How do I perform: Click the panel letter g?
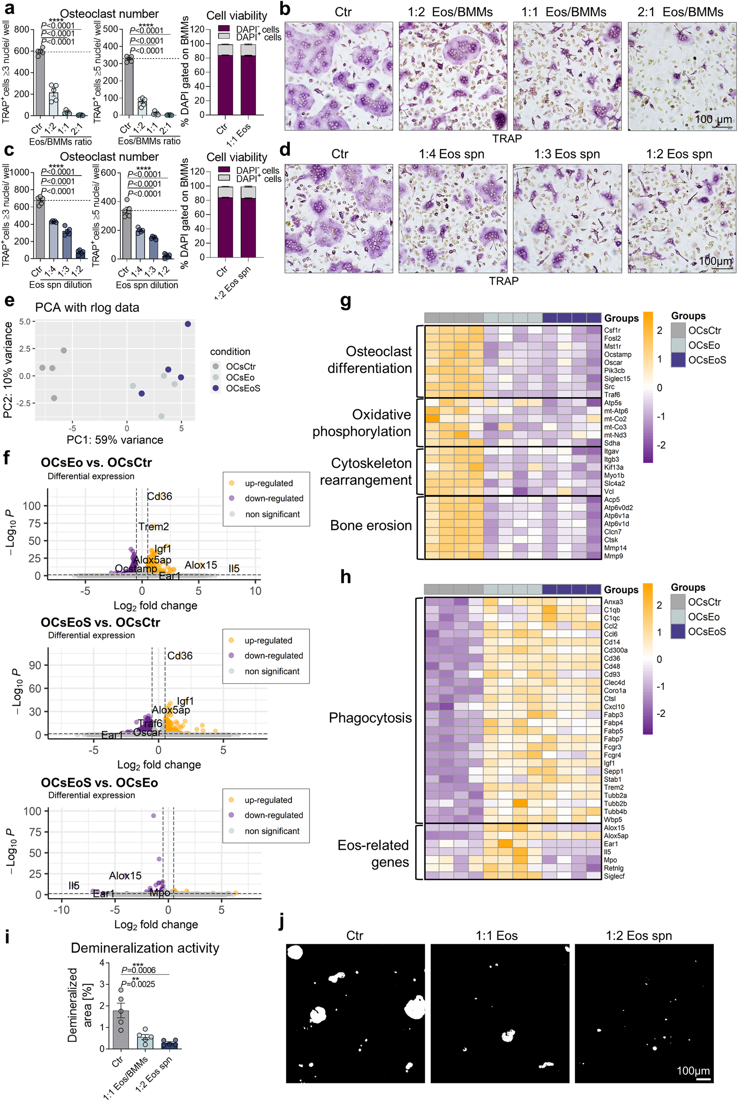click(x=346, y=302)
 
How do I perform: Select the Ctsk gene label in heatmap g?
click(x=611, y=540)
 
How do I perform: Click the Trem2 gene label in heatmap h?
click(x=613, y=787)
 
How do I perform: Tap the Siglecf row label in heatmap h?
click(x=614, y=876)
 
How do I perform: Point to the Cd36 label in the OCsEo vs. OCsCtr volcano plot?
click(x=159, y=496)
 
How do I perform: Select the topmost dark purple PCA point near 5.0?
click(x=188, y=324)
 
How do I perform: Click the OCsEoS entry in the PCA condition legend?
click(x=243, y=388)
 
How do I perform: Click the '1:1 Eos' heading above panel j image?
click(x=497, y=935)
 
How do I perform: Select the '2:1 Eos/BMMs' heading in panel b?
click(x=680, y=12)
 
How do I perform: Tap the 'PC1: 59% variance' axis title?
click(x=115, y=440)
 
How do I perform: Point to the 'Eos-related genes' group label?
click(x=373, y=853)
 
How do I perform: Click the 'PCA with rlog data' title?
click(x=87, y=307)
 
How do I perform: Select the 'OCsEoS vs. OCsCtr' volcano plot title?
click(x=100, y=622)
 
